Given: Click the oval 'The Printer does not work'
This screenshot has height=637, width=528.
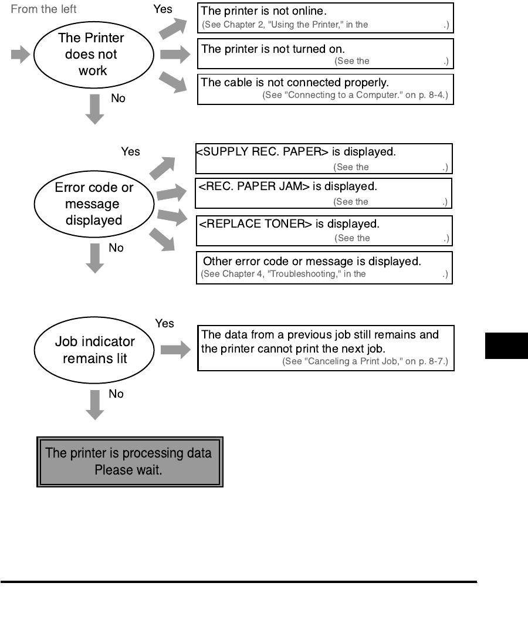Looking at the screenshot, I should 93,55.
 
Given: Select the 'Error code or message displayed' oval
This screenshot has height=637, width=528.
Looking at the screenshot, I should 93,205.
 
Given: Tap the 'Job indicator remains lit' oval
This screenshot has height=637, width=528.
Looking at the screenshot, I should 94,350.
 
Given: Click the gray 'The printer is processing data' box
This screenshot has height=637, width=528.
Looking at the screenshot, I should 130,461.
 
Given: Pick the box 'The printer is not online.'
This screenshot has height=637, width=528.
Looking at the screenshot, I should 326,18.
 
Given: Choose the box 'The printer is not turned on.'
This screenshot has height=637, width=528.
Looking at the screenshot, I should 326,54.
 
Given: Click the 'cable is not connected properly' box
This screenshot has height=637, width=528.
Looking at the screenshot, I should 326,90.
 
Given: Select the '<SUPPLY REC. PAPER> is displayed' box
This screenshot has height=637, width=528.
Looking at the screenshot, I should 324,159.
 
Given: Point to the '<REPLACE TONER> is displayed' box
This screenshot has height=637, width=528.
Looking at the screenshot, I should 324,230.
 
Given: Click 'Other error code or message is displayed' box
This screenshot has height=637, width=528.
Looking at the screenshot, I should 324,267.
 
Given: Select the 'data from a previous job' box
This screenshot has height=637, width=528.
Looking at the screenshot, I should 326,348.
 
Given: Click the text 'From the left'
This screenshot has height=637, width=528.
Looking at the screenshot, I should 43,10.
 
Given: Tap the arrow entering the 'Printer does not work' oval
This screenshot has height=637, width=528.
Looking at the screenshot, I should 21,56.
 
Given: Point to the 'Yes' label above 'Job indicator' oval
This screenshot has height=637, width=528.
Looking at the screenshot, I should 165,323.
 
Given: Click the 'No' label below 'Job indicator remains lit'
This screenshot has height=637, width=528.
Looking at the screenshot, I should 117,394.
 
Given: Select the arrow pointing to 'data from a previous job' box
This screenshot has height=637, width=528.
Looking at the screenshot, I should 175,350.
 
